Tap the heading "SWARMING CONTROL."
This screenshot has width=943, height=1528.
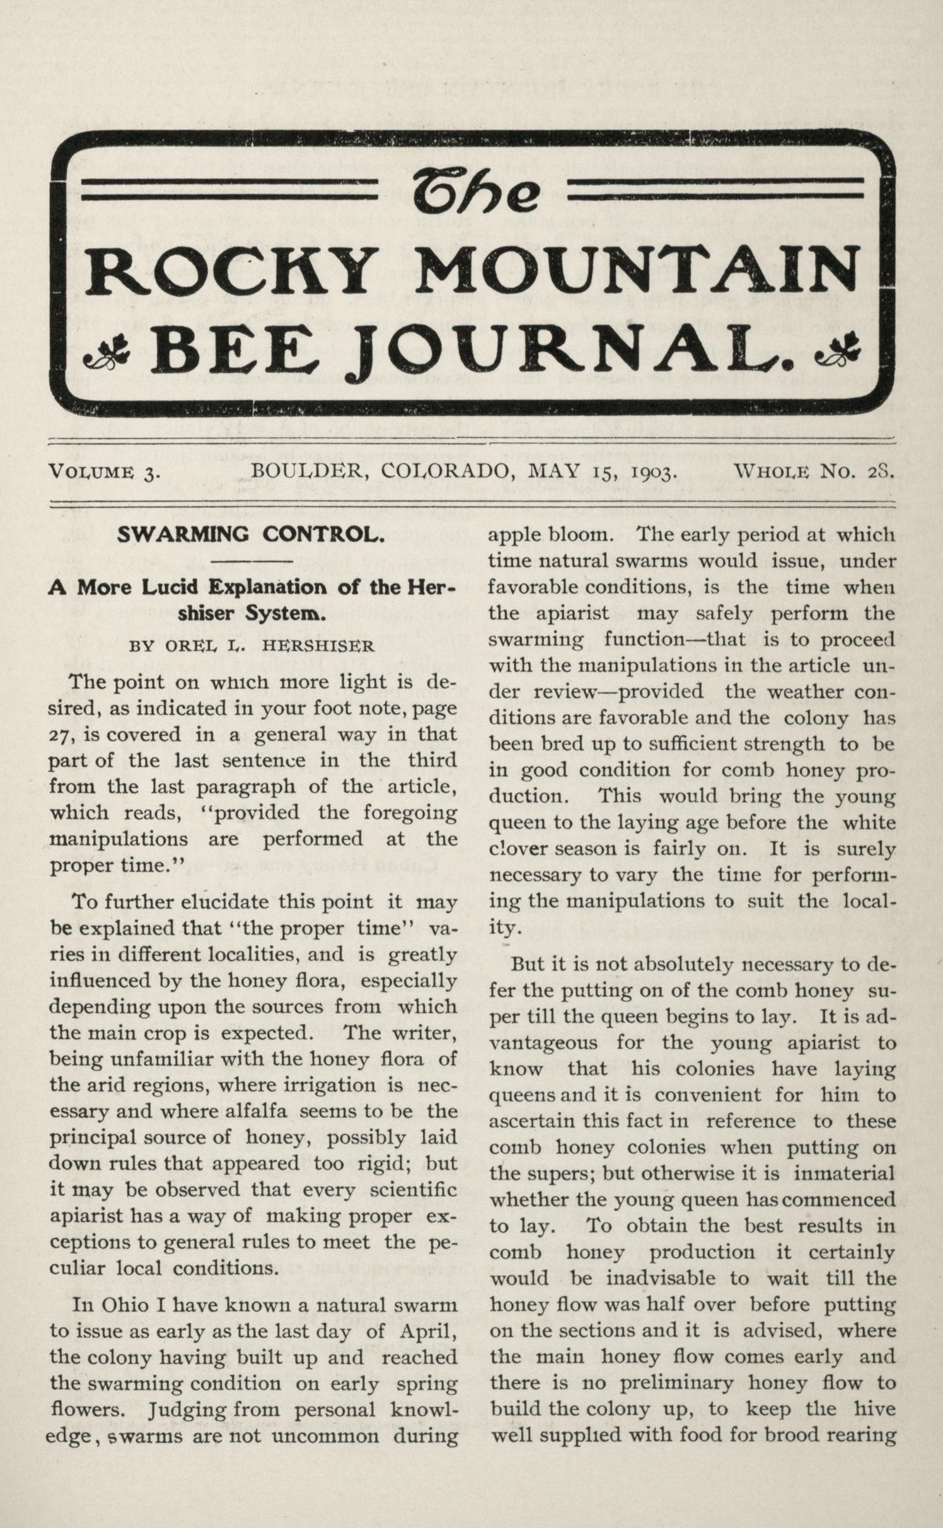point(251,534)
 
